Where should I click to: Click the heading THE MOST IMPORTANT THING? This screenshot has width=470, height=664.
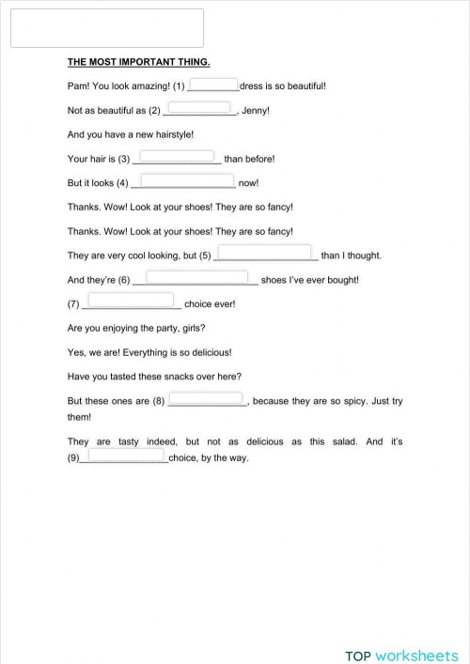[138, 62]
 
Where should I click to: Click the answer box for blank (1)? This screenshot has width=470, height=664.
[214, 84]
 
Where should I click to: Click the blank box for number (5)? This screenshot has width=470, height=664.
[265, 252]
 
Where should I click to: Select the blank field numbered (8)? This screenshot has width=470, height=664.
[206, 398]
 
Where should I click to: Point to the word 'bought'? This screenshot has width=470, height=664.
[342, 280]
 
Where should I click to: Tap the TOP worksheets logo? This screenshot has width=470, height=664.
[401, 630]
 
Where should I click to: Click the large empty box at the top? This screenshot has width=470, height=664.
[106, 28]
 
